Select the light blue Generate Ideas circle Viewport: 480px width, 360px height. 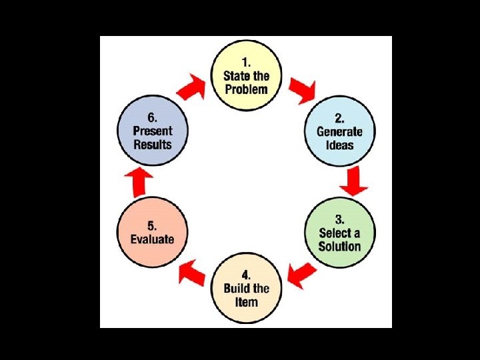click(x=339, y=131)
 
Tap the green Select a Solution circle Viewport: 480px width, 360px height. click(x=339, y=233)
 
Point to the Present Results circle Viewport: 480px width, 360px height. click(x=153, y=131)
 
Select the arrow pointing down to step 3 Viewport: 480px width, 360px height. click(x=353, y=181)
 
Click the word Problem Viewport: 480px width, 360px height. click(x=246, y=89)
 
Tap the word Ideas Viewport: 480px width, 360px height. click(x=339, y=145)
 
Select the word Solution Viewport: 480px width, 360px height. click(x=339, y=246)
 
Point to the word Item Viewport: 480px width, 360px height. click(x=246, y=302)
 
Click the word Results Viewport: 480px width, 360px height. click(x=153, y=145)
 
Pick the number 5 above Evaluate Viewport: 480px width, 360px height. click(x=152, y=225)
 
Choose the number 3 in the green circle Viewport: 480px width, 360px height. click(x=339, y=219)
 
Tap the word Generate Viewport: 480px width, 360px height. click(x=339, y=131)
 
